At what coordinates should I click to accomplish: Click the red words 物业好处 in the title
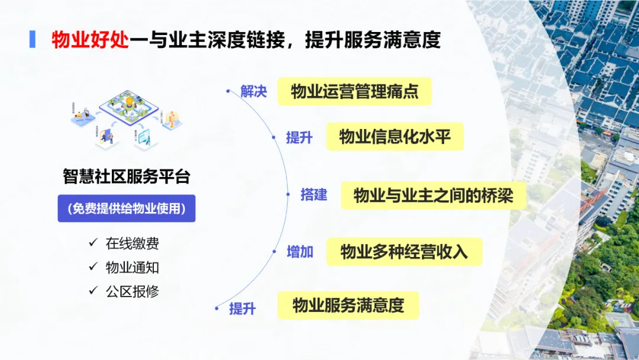(x=90, y=40)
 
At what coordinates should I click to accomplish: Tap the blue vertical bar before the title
(x=33, y=39)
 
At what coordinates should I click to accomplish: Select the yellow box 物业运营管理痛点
(x=354, y=92)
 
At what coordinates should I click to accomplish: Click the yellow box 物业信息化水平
(x=395, y=137)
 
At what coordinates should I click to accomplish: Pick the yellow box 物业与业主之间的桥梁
(x=433, y=195)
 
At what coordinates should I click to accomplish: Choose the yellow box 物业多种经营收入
(x=404, y=252)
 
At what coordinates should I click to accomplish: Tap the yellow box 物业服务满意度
(x=348, y=306)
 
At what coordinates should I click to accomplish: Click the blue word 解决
(x=254, y=92)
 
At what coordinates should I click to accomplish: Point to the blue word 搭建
(x=314, y=195)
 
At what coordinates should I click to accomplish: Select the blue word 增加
(x=300, y=252)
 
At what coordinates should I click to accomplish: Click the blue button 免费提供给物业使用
(x=126, y=208)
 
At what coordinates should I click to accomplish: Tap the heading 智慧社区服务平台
(x=127, y=176)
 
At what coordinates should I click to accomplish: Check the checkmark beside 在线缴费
(x=93, y=243)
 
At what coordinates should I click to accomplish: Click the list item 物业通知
(x=132, y=267)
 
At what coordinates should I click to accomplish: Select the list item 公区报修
(x=132, y=291)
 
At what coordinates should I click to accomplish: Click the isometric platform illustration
(x=125, y=118)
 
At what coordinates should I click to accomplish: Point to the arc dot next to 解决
(x=228, y=91)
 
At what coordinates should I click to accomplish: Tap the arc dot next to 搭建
(x=288, y=195)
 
